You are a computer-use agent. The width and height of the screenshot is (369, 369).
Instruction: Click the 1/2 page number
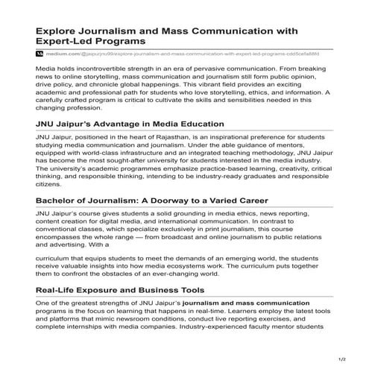point(341,361)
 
